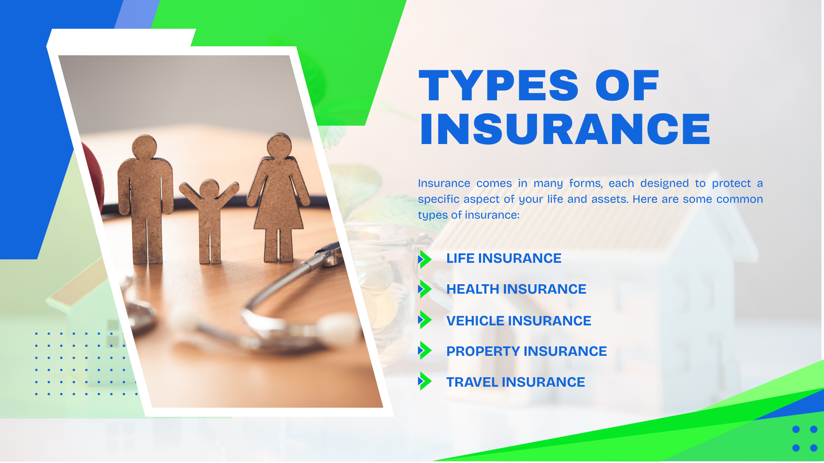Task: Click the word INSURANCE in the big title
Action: (565, 129)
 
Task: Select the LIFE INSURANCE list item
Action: (504, 258)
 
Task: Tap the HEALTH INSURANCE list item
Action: (516, 289)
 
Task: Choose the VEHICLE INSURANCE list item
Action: (519, 321)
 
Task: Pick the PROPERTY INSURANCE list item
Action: (527, 351)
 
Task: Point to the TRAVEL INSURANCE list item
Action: (515, 382)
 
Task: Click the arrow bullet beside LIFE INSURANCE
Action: (424, 259)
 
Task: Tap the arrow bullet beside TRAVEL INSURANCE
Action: (424, 381)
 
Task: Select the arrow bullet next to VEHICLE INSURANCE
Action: (424, 320)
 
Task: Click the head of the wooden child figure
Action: (209, 189)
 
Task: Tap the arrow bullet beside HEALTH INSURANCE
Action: (424, 289)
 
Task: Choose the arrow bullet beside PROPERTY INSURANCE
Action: (424, 350)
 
